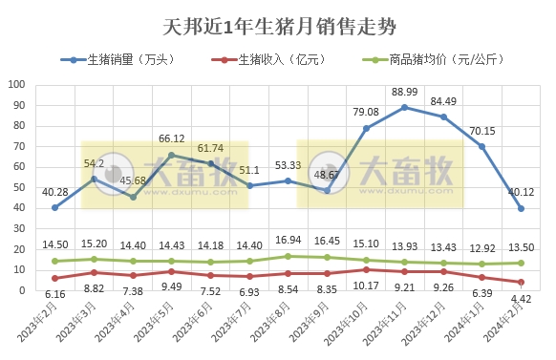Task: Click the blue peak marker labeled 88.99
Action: click(404, 107)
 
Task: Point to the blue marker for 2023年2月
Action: click(54, 207)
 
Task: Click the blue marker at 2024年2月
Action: click(521, 208)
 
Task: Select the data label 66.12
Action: click(171, 138)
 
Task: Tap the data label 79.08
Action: click(365, 112)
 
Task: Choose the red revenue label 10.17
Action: click(364, 285)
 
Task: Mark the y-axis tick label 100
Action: click(17, 84)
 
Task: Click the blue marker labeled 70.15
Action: click(482, 146)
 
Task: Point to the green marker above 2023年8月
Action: click(288, 256)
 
